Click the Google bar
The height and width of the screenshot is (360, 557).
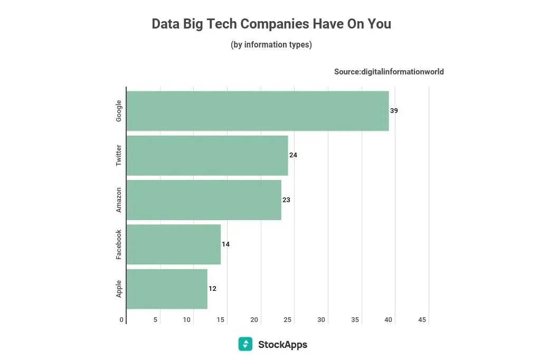pos(258,111)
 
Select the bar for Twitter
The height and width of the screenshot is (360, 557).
pos(207,155)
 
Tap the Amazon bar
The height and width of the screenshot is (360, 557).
pos(204,200)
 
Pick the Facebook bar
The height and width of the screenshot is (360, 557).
pos(174,244)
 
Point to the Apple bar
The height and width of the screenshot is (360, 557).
pos(167,289)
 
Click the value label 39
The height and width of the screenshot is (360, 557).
pos(394,111)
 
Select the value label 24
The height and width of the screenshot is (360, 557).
pos(293,155)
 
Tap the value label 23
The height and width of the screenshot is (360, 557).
pos(286,200)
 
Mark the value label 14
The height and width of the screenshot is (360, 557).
pos(225,244)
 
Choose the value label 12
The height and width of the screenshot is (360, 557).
pos(212,289)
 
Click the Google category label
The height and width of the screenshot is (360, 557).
pos(119,111)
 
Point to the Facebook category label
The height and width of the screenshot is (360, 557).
pos(119,244)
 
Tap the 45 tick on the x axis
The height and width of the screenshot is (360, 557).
pos(422,320)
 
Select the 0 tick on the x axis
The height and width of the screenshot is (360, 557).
pos(121,320)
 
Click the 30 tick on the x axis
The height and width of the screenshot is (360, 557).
pos(322,320)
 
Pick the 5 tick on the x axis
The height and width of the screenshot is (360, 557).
pos(155,320)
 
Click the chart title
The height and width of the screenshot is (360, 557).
pos(271,24)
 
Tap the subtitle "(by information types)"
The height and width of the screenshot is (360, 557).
pos(271,45)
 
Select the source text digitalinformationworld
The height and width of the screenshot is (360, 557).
pos(389,72)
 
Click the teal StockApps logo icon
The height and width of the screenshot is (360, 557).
pos(245,344)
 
